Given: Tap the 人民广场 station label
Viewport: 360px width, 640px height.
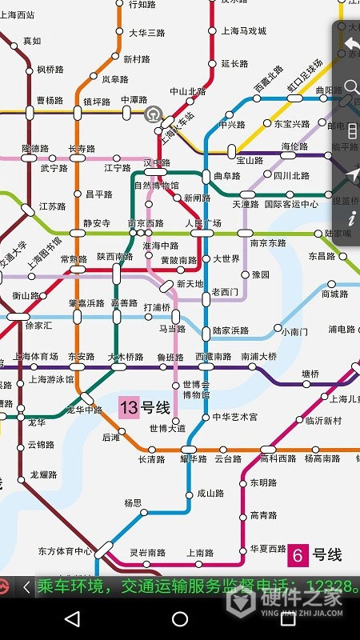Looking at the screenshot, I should coord(203,222).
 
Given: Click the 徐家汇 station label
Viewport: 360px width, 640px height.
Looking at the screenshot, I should coord(38,326).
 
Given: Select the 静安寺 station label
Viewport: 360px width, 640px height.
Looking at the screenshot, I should coord(96,223).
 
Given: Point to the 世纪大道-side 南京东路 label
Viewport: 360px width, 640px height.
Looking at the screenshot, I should coord(268,243).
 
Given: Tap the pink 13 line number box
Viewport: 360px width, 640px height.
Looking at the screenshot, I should coord(129,407).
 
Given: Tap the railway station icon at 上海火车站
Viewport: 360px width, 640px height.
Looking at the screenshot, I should coord(154,114).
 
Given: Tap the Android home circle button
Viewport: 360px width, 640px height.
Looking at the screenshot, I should coord(180,618).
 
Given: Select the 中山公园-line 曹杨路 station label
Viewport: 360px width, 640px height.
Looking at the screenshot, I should coord(50,101).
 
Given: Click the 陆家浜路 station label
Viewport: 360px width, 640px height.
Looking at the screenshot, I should coord(230,330).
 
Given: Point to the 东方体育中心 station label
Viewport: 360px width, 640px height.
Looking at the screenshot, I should coord(65,551).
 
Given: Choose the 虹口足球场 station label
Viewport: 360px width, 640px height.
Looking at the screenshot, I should coord(305,77).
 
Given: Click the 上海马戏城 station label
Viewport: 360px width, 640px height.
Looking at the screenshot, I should coord(243,31).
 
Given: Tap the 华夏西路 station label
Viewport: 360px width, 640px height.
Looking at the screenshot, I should coord(268,549).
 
